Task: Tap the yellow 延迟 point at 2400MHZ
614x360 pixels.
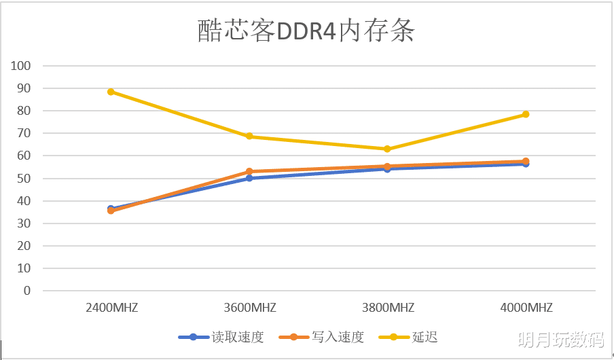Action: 111,92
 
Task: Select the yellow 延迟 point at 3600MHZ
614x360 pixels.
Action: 249,137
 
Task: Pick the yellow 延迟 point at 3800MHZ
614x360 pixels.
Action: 387,149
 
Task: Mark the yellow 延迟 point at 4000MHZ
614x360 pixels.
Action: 526,114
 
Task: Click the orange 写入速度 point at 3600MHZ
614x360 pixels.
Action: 249,172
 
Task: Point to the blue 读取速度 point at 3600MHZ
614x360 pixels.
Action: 249,178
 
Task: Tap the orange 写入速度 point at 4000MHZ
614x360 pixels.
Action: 526,161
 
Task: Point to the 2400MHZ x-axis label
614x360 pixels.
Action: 111,308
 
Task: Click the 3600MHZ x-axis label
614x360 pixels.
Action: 249,308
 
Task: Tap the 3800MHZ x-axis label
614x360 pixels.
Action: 387,308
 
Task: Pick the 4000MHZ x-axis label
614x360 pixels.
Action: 526,308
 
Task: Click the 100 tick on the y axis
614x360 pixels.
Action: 22,66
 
